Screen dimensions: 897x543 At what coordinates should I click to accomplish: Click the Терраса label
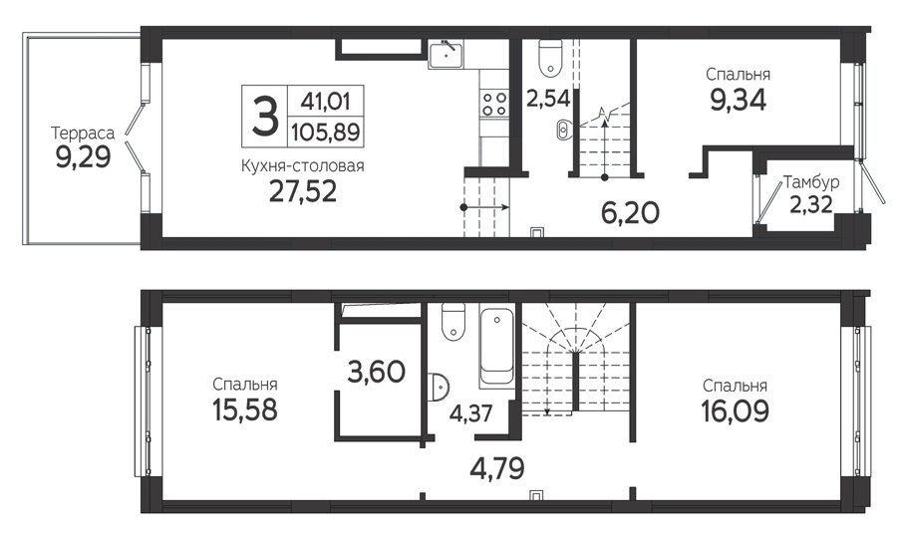coord(83,134)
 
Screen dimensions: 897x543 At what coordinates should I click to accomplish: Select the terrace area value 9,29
coord(83,156)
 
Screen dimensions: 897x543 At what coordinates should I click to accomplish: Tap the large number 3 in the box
coord(265,117)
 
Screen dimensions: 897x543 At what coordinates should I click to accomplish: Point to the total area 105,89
coord(326,133)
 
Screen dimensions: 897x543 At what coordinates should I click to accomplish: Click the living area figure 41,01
coord(326,102)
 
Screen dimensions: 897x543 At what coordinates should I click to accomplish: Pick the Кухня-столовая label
coord(303,165)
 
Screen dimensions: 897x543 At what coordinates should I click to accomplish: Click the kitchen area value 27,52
coord(303,191)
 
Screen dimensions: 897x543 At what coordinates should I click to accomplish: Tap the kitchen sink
coord(447,54)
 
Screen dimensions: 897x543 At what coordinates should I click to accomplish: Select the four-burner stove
coord(494,104)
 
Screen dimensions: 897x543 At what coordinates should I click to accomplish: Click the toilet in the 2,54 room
coord(551,57)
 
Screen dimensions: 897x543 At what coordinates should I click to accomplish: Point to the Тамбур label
coord(811,183)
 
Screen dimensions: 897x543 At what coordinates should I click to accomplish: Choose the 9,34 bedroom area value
coord(738,101)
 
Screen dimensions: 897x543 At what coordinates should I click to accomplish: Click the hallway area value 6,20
coord(630,213)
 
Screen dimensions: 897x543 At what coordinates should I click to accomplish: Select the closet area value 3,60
coord(377,372)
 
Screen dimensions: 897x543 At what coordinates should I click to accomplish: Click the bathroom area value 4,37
coord(470,412)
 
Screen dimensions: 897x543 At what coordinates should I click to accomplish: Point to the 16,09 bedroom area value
coord(736,410)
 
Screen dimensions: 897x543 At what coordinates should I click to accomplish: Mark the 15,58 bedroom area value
coord(245,409)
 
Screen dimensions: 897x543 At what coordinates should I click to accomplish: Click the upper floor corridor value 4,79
coord(497,468)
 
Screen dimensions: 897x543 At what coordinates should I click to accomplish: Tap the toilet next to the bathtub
coord(453,322)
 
